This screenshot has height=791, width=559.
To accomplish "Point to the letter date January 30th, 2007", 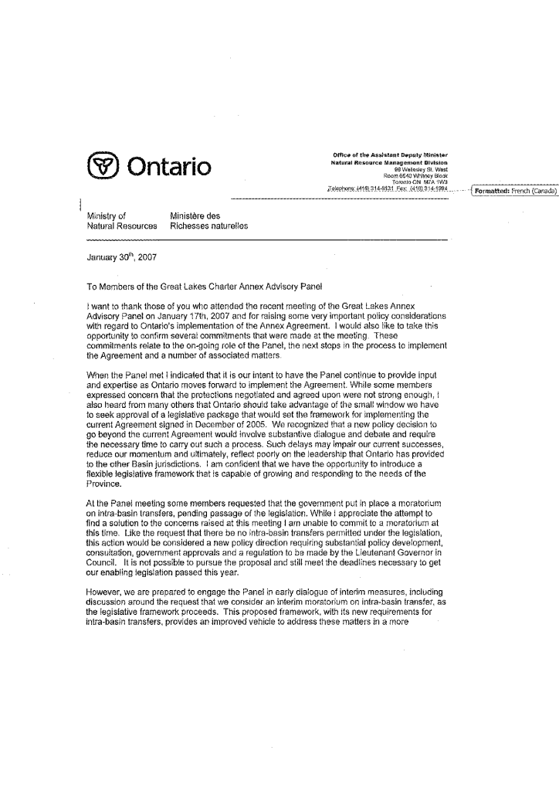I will point(122,258).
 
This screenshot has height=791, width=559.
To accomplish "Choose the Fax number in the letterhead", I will point(426,188).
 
